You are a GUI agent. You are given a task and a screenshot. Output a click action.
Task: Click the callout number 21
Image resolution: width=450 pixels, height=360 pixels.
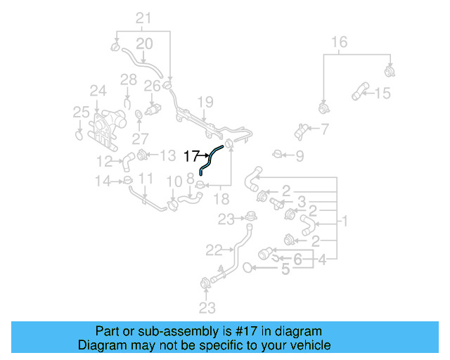(143, 18)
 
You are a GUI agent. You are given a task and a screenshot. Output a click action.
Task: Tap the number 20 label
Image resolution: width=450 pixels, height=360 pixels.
(143, 44)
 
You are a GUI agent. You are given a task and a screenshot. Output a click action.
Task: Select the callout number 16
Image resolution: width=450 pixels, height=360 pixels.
(339, 42)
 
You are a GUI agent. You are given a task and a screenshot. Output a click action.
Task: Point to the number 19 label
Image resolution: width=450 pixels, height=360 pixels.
(204, 103)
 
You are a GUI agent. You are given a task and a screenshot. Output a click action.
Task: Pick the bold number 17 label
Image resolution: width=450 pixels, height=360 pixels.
(191, 156)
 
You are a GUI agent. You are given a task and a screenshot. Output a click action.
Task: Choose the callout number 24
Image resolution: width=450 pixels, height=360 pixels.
(97, 90)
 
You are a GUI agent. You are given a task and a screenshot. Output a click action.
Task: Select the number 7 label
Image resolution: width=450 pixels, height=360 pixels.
(325, 129)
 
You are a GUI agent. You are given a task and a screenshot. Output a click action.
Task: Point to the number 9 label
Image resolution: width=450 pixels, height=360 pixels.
(300, 155)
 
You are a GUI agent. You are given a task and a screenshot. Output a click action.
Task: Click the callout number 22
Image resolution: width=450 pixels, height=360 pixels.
(214, 249)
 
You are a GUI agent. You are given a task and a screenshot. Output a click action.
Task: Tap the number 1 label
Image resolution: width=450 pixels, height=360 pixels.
(345, 221)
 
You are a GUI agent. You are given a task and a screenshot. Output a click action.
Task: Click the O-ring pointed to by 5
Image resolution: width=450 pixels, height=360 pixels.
(248, 267)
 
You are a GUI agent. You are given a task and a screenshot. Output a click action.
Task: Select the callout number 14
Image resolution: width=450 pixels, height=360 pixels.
(104, 181)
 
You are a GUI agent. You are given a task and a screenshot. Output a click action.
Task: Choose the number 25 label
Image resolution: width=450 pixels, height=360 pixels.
(82, 112)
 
